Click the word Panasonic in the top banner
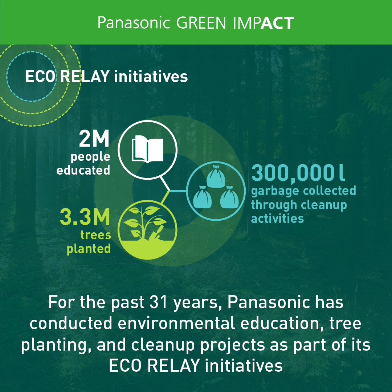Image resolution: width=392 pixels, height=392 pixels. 134,23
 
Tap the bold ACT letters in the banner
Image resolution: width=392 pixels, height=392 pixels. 277,23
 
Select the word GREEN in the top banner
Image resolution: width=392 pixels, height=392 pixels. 201,23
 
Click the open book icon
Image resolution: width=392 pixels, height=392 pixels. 147,149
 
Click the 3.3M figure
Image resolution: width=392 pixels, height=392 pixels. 85,217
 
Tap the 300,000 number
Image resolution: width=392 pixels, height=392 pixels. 293,173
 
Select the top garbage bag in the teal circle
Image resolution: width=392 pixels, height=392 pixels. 216,176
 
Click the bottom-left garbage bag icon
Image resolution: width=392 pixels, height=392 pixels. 202,197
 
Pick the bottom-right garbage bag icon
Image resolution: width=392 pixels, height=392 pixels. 229,197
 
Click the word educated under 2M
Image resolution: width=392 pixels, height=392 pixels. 83,171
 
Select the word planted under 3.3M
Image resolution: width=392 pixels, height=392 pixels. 89,249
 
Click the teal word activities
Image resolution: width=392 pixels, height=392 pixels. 278,219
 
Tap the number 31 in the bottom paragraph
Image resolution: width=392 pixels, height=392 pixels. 158,302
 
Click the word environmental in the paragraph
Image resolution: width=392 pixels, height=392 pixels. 176,323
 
